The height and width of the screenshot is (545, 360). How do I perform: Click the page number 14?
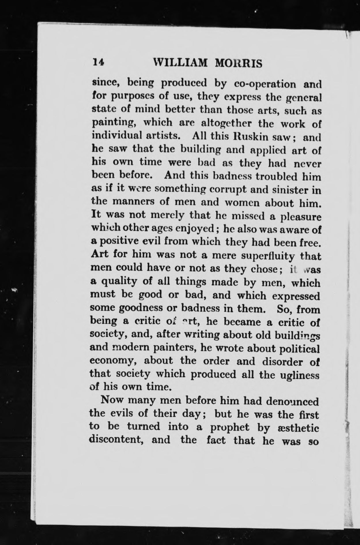[98, 62]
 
